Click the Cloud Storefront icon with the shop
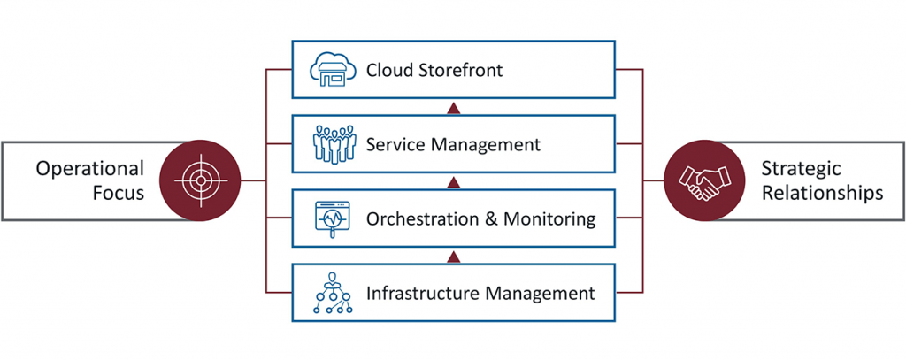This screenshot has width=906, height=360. [x=333, y=69]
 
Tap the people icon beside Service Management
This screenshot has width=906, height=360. [x=333, y=143]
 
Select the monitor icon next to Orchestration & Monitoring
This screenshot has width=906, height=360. [x=333, y=218]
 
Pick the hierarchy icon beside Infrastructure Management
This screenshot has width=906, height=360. [x=333, y=293]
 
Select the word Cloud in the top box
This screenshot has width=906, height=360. [x=385, y=70]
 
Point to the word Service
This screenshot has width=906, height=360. [x=396, y=144]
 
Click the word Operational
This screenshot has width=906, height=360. [x=89, y=168]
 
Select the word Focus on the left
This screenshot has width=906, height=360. [x=119, y=192]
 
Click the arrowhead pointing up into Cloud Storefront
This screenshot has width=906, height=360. [x=453, y=108]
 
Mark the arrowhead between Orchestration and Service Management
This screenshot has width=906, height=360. [x=453, y=182]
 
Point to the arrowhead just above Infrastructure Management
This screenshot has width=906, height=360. [x=453, y=257]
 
